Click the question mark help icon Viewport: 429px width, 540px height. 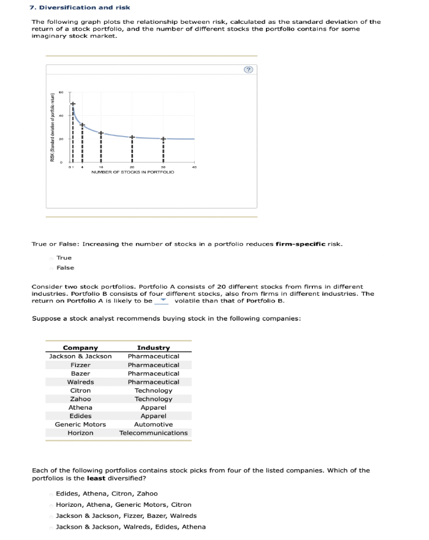point(249,70)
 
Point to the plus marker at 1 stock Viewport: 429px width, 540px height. point(73,103)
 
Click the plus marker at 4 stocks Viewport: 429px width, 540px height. point(82,125)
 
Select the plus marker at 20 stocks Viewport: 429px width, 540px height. point(132,137)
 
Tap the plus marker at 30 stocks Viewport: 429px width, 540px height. point(163,139)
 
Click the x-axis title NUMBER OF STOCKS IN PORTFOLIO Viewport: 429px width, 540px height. point(132,172)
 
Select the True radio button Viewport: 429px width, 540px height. point(51,258)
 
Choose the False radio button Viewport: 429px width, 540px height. point(51,268)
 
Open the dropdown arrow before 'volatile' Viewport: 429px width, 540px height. point(163,301)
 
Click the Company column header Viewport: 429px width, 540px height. point(80,348)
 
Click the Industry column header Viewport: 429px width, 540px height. point(153,348)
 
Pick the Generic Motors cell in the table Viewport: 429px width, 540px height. point(80,425)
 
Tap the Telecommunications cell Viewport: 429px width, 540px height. point(153,433)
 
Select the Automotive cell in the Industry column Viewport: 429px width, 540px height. point(153,425)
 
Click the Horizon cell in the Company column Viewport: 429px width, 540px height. point(80,433)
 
